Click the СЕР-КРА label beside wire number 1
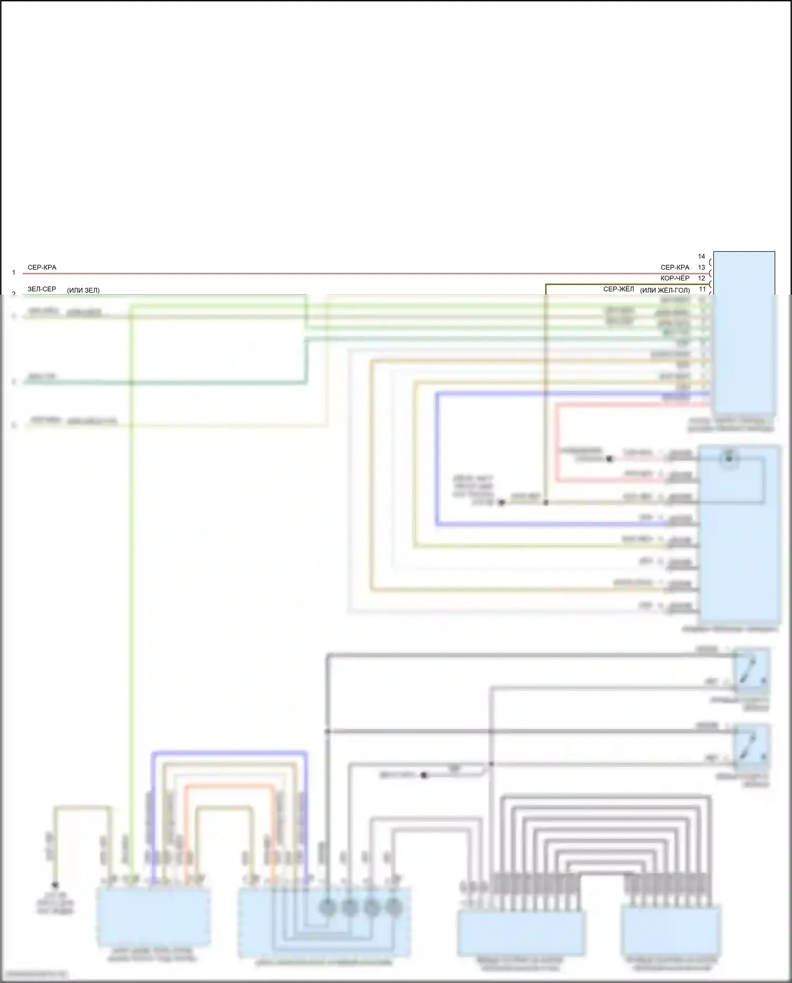coord(42,267)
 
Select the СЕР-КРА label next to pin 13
coord(675,267)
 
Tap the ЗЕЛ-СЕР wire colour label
coord(42,289)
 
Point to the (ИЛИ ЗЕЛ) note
coord(83,290)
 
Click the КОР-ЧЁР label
coord(675,278)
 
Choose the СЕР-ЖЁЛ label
coord(618,289)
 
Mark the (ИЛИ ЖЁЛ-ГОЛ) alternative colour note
coord(665,290)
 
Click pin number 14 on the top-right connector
coord(701,256)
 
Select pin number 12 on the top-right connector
coord(701,278)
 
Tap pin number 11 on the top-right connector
coord(702,289)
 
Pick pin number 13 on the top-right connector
coord(701,267)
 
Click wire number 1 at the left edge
coord(14,273)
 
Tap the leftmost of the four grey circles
coord(327,908)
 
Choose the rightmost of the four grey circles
coord(393,908)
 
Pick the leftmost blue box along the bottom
coord(153,916)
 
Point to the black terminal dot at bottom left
coord(55,885)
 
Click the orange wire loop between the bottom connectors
coord(230,787)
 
